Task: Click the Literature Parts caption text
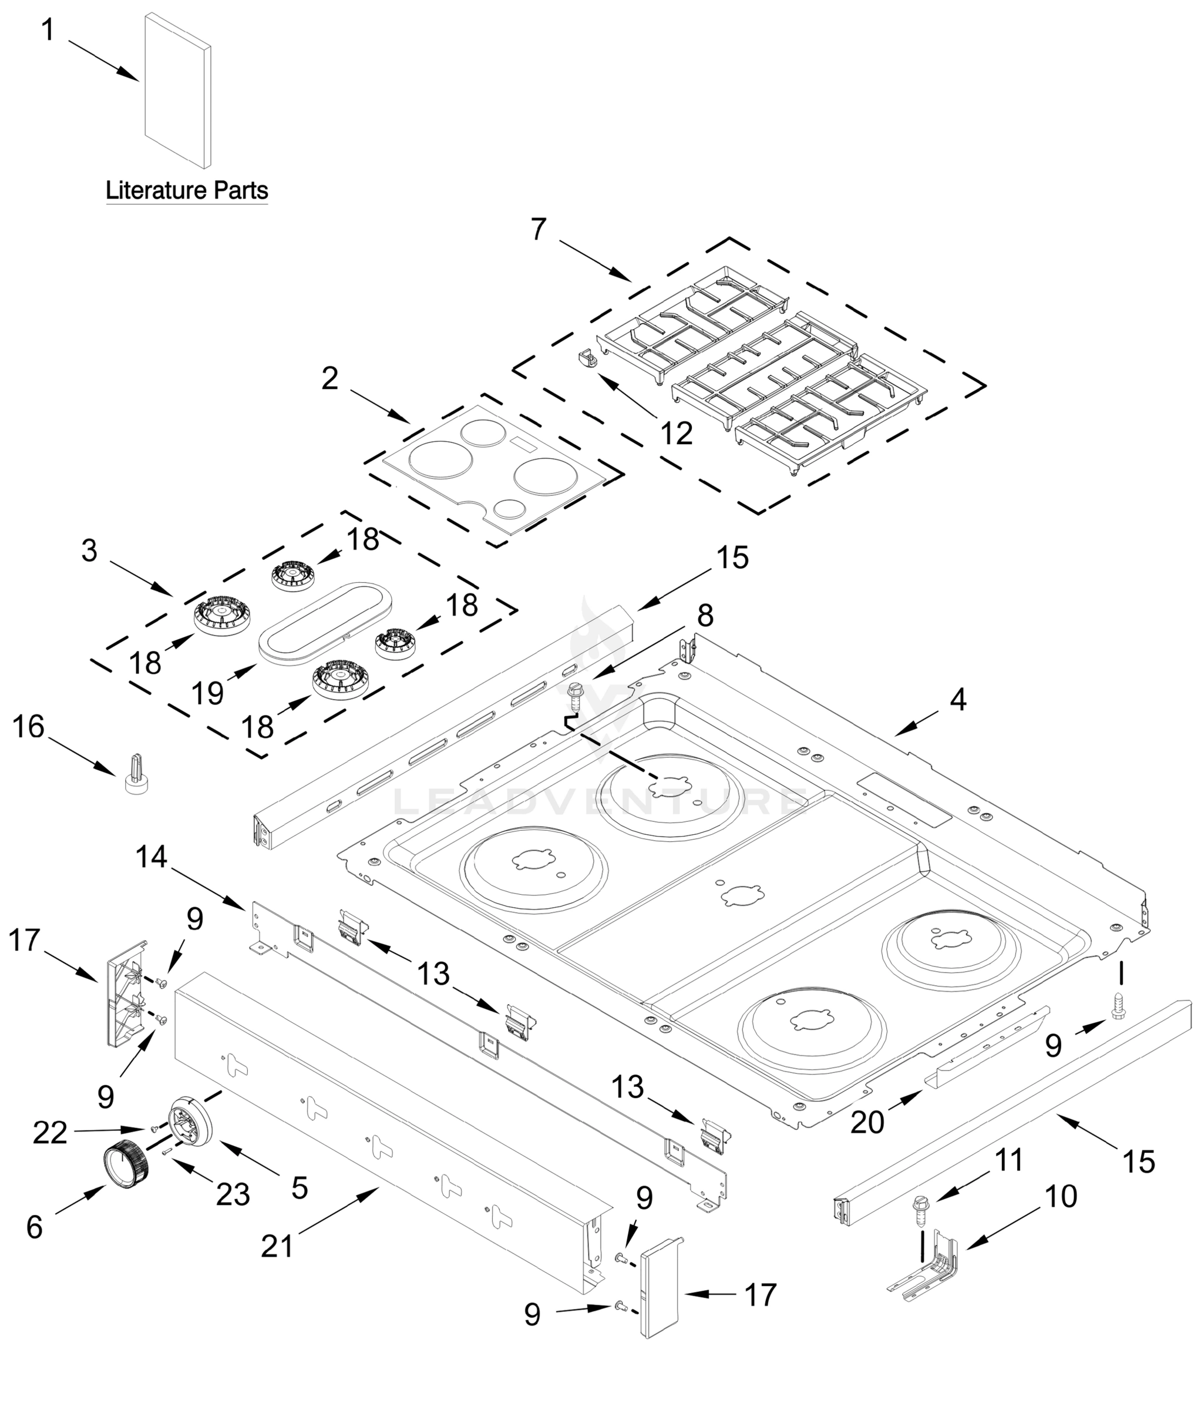tap(187, 190)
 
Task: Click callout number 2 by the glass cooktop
tap(330, 378)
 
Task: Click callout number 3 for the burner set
tap(89, 550)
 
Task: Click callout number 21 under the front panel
tap(277, 1246)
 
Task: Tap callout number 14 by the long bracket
tap(151, 857)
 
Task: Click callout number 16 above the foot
tap(29, 727)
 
